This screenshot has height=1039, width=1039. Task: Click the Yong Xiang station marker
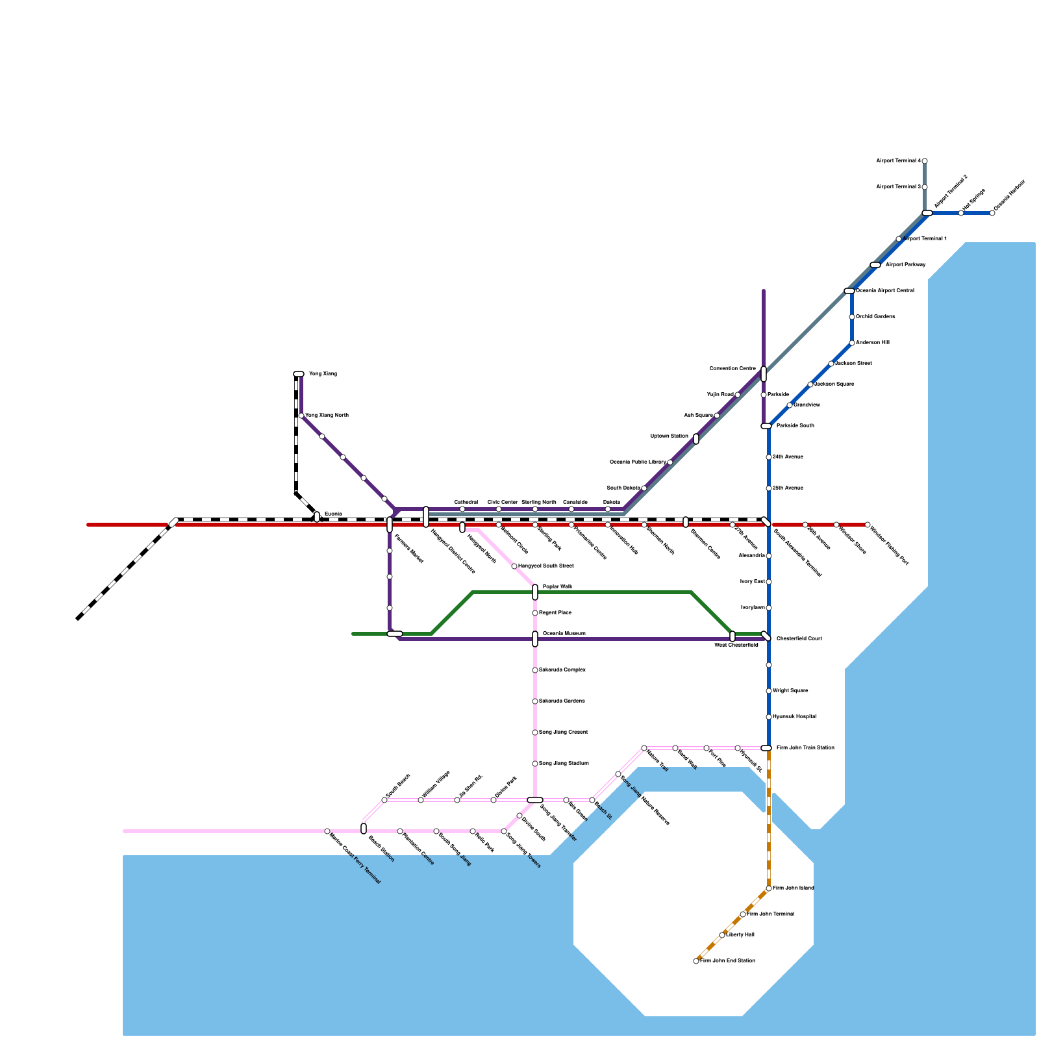pos(299,374)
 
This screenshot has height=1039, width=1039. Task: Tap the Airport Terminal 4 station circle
pos(925,161)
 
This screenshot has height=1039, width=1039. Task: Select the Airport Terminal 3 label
pos(898,187)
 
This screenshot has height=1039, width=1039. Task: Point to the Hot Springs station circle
pos(961,213)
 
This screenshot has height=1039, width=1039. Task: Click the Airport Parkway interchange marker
pos(875,265)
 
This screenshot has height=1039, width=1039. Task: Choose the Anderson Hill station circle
pos(852,343)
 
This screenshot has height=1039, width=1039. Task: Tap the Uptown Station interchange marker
pos(696,439)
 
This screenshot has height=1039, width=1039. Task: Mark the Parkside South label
pos(795,426)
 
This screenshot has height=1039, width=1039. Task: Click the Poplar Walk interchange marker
pos(535,592)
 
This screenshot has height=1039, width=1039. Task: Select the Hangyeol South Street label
pos(545,566)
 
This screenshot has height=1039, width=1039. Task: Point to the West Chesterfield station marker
pos(732,636)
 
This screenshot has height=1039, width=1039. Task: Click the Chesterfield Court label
pos(799,639)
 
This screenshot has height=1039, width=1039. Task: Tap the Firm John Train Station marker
pos(766,748)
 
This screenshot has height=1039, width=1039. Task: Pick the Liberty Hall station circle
pos(722,935)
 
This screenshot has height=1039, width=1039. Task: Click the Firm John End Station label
pos(727,961)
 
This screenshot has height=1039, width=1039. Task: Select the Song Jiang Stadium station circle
pos(535,764)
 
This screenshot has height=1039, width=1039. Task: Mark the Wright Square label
pos(790,691)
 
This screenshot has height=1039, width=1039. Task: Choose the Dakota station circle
pos(608,509)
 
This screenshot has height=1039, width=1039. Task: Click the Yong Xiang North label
pos(327,416)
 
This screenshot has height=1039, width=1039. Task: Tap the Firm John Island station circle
pos(769,888)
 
